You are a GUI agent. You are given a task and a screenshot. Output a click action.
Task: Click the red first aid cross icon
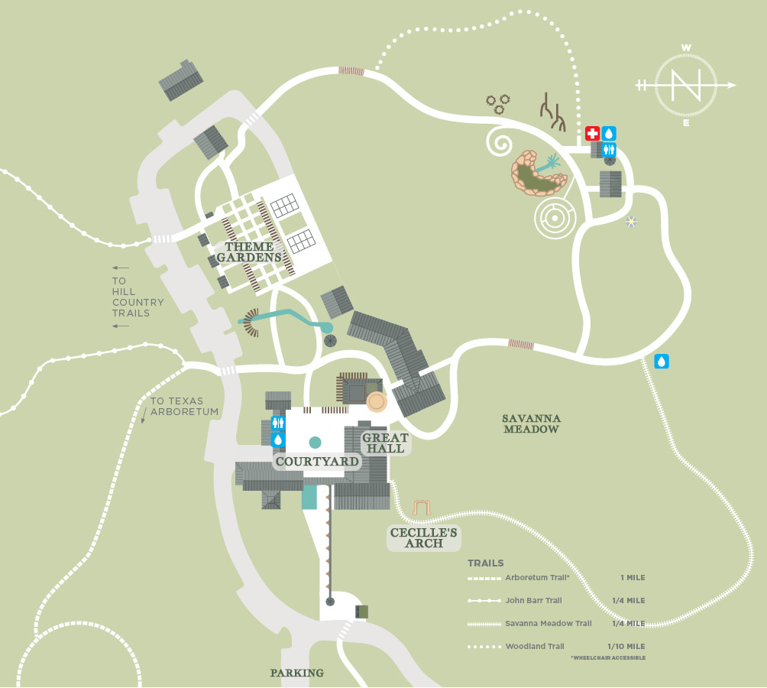click(x=592, y=133)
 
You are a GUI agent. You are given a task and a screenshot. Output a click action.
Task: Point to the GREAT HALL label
click(x=385, y=443)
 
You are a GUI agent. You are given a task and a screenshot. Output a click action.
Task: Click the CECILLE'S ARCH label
click(x=425, y=537)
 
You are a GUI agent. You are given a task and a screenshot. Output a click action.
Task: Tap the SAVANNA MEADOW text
click(x=532, y=424)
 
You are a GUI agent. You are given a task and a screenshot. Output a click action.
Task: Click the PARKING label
click(x=296, y=673)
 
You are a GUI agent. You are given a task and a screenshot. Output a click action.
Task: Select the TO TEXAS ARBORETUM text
click(x=184, y=406)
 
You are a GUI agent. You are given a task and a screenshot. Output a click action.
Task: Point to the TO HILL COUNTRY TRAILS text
click(x=138, y=297)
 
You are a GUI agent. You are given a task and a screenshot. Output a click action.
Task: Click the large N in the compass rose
click(x=685, y=85)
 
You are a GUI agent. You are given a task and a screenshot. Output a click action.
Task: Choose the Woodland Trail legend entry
click(x=535, y=647)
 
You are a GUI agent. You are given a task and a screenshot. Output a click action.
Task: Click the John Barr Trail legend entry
click(x=533, y=600)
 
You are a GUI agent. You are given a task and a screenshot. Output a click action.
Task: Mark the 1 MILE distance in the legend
click(x=633, y=577)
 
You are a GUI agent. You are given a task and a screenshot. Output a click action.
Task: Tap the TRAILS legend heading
click(x=486, y=563)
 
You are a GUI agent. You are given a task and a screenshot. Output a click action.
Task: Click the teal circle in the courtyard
click(x=315, y=442)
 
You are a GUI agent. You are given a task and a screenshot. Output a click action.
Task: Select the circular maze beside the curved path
click(x=553, y=217)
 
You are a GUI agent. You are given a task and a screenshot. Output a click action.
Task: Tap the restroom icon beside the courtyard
click(x=277, y=423)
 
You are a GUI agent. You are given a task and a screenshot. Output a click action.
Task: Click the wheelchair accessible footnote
click(x=607, y=657)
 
